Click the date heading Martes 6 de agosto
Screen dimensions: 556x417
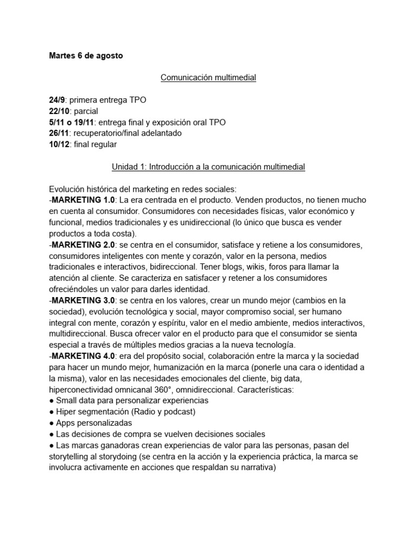(86, 56)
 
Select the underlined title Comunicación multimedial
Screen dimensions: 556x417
(208, 78)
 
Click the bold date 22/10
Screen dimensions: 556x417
(58, 112)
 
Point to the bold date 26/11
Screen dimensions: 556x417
(58, 134)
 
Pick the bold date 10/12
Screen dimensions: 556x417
(58, 144)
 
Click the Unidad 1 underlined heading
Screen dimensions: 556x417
(208, 167)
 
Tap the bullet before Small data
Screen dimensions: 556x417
(52, 401)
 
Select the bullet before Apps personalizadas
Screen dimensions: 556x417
(52, 423)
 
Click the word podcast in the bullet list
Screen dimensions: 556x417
(177, 412)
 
